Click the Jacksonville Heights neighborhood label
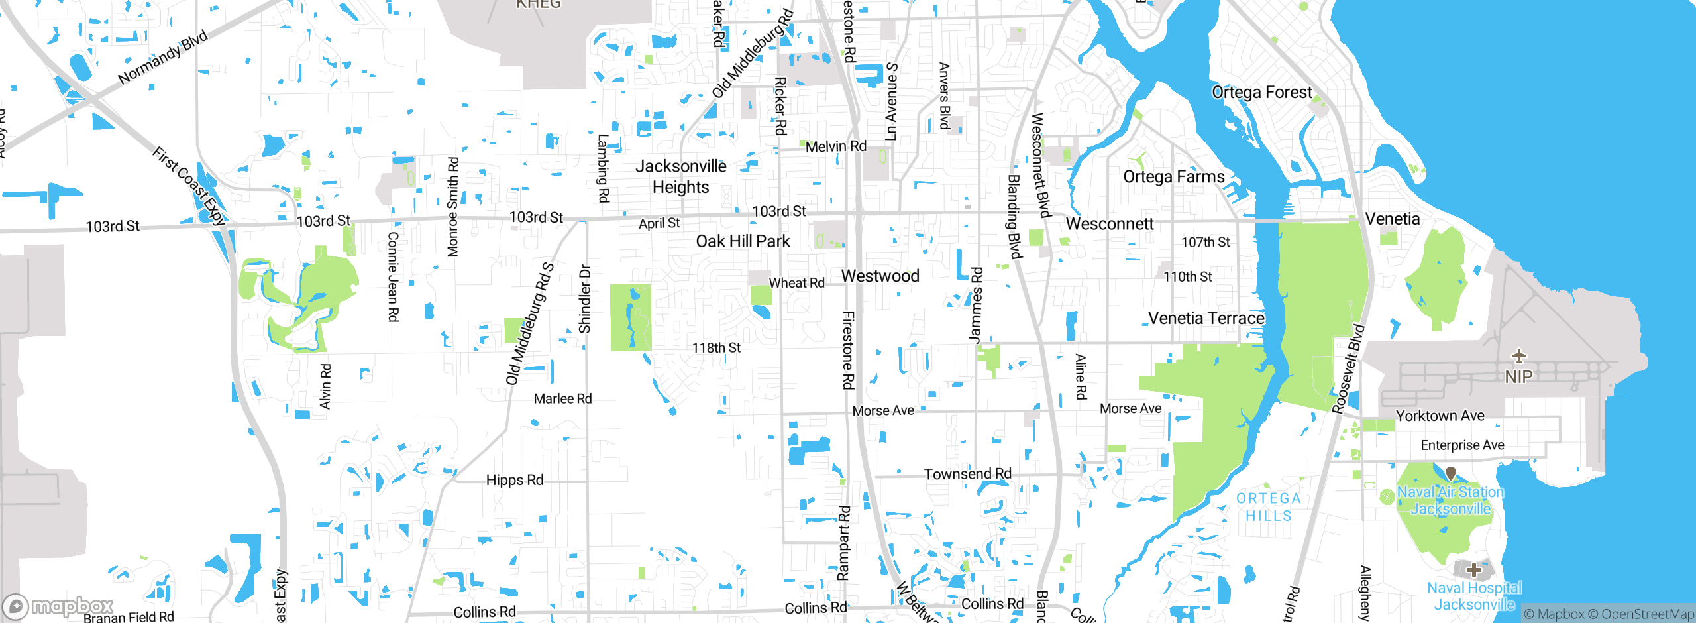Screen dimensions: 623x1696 (680, 176)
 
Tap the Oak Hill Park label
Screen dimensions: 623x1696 (743, 241)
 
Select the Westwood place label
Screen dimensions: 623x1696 (880, 276)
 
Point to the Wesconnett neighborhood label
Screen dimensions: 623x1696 (1109, 224)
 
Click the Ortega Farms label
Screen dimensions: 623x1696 (1173, 177)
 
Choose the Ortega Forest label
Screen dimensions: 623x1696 (1261, 92)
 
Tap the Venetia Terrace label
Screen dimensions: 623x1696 (1206, 318)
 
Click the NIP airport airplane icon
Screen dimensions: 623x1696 (1518, 357)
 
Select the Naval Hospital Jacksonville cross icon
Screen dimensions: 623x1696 (1473, 570)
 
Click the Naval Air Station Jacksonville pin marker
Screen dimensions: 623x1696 (1450, 474)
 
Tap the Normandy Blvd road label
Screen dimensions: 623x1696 (163, 57)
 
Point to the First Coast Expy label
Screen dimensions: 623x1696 (189, 187)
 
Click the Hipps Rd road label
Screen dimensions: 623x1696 (514, 480)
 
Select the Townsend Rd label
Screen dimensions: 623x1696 (967, 474)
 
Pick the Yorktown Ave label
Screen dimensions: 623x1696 (1440, 416)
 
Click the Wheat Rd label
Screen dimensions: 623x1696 (796, 283)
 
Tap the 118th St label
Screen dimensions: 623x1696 (716, 347)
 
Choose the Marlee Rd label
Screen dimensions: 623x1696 (562, 398)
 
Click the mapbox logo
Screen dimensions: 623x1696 (58, 606)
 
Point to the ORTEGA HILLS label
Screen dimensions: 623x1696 (1268, 507)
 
